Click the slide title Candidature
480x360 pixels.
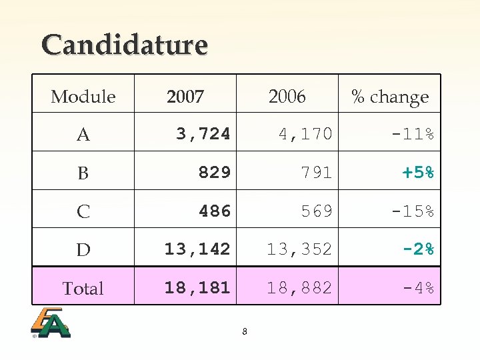[125, 45]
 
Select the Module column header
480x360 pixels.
[83, 97]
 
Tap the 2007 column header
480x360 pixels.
[185, 97]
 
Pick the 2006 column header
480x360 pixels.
[287, 97]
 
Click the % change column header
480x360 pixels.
[390, 97]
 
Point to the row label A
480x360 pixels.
[83, 135]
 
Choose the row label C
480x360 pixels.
[83, 212]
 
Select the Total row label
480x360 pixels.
[83, 289]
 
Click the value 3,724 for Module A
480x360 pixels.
[203, 134]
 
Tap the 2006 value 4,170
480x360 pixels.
[305, 134]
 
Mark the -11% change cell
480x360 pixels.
[413, 134]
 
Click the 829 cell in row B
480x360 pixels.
[214, 173]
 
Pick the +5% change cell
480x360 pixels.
[418, 173]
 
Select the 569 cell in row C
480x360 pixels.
[316, 211]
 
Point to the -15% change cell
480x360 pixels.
[413, 211]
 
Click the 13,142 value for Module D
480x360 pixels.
[197, 249]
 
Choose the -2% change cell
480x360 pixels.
[418, 249]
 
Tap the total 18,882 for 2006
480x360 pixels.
[299, 288]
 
